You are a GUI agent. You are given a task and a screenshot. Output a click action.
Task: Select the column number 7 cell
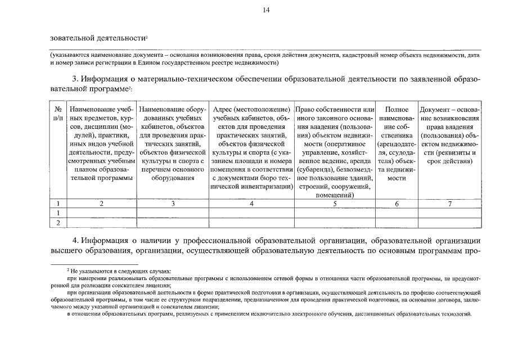449,204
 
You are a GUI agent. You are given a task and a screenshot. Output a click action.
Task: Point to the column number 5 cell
335,204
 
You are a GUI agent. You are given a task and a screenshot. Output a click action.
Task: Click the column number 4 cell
252,204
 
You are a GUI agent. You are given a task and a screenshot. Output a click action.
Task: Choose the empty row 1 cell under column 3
173,213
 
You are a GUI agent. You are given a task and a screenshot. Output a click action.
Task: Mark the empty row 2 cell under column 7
449,223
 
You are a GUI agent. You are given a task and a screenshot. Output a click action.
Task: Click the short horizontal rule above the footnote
94,264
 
